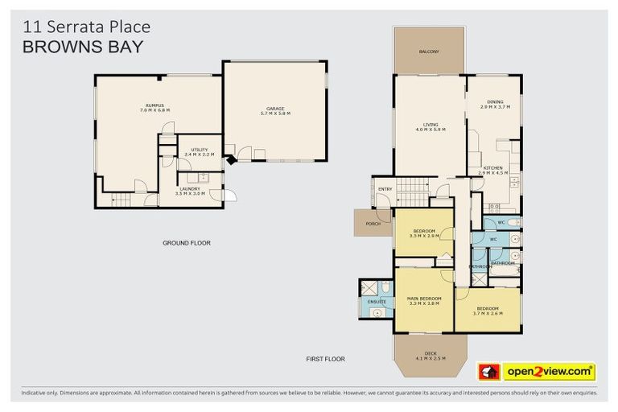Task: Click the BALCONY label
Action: pyautogui.click(x=429, y=52)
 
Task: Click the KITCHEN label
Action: pyautogui.click(x=494, y=170)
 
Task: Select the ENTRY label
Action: pyautogui.click(x=385, y=189)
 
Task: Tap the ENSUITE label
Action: pyautogui.click(x=377, y=302)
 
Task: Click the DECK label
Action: pyautogui.click(x=429, y=355)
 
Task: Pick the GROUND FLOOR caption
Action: pyautogui.click(x=186, y=242)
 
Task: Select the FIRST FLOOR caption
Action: pyautogui.click(x=326, y=359)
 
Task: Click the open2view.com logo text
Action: pyautogui.click(x=549, y=372)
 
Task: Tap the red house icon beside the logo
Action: pyautogui.click(x=489, y=372)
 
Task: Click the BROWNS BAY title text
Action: pyautogui.click(x=83, y=47)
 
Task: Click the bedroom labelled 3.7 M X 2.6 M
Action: pyautogui.click(x=488, y=311)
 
